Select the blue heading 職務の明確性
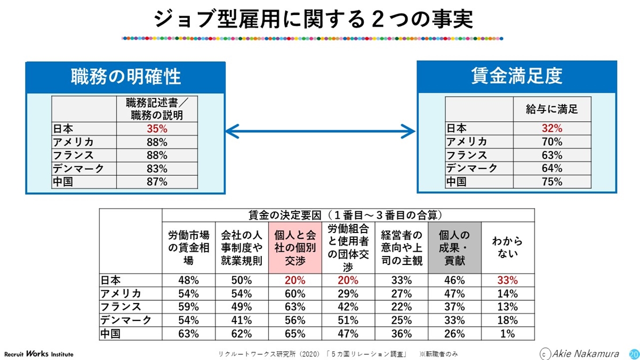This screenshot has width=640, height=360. pyautogui.click(x=126, y=77)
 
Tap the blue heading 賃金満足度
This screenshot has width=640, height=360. pyautogui.click(x=517, y=76)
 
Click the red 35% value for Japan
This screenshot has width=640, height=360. pyautogui.click(x=157, y=129)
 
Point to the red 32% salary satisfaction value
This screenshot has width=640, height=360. pyautogui.click(x=552, y=128)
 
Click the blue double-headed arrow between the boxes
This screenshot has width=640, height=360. pyautogui.click(x=320, y=130)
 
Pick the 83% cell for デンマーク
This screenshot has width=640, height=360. pyautogui.click(x=157, y=169)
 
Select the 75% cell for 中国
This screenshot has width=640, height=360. pyautogui.click(x=552, y=181)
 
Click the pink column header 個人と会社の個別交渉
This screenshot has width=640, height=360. pyautogui.click(x=295, y=247)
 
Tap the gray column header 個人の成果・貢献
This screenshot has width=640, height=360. pyautogui.click(x=454, y=247)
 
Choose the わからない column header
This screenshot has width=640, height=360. pyautogui.click(x=507, y=247)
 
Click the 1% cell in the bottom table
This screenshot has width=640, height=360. pyautogui.click(x=507, y=334)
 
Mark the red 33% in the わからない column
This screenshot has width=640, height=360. pyautogui.click(x=507, y=280)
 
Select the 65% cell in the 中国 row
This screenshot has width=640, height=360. pyautogui.click(x=295, y=334)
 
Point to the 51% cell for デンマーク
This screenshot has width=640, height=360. pyautogui.click(x=348, y=321)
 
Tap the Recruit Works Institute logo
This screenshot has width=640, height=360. pyautogui.click(x=39, y=354)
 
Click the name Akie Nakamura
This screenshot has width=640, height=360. pyautogui.click(x=585, y=354)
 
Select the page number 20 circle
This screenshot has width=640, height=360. pyautogui.click(x=634, y=354)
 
